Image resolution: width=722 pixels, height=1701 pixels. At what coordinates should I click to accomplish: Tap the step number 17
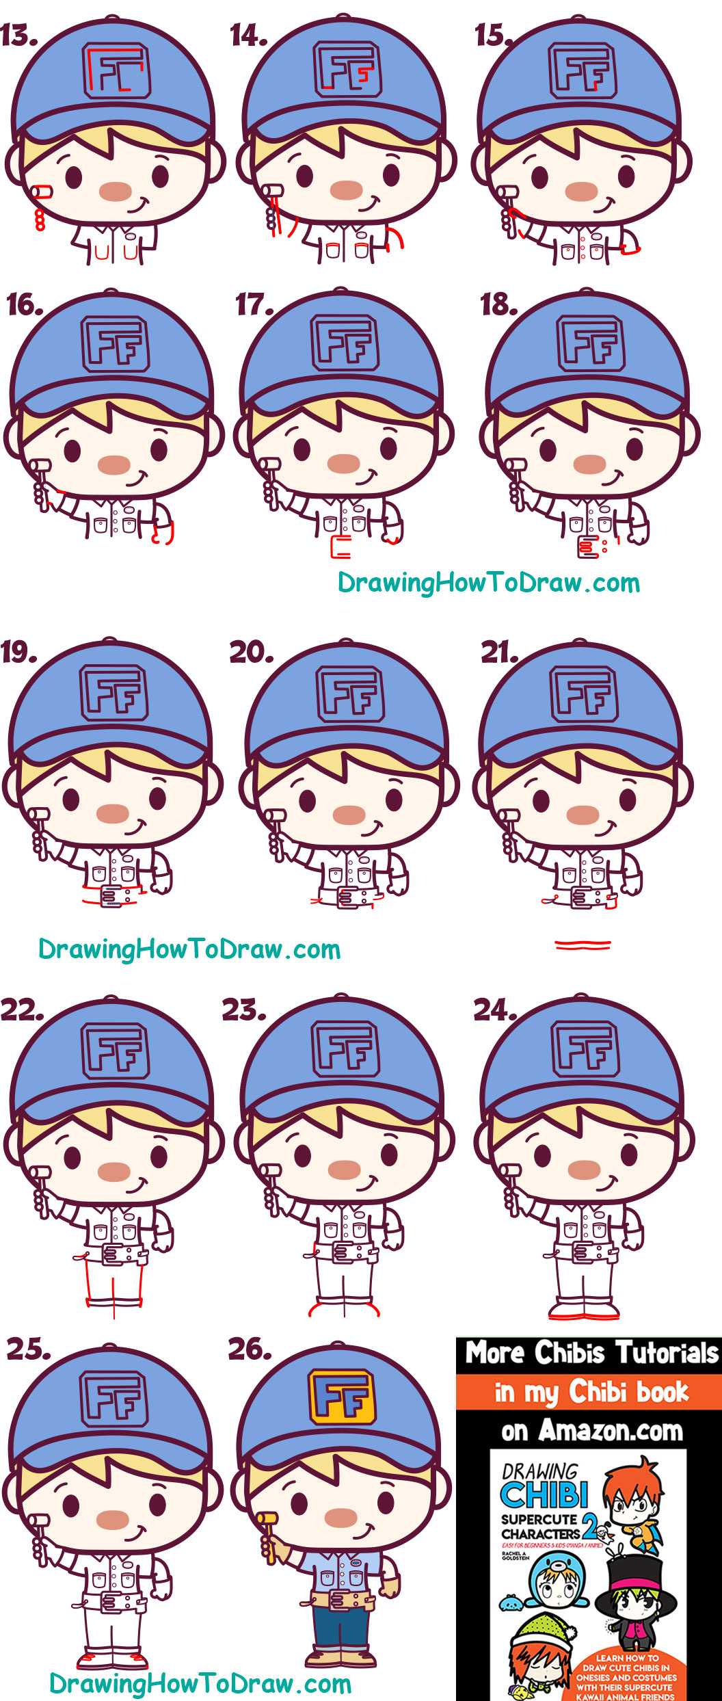pos(253,305)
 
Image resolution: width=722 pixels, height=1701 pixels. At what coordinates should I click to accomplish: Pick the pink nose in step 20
pos(349,815)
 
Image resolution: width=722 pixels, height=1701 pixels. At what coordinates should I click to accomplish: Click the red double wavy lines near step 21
pos(583,945)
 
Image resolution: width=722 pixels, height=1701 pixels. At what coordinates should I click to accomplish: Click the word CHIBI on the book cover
pos(544,1496)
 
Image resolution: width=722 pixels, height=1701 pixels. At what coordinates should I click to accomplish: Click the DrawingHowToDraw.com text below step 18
pos(489,583)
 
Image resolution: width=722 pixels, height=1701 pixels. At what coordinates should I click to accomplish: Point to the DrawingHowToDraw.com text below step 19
pos(189,949)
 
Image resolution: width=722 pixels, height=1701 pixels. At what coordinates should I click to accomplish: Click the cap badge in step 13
pos(117,71)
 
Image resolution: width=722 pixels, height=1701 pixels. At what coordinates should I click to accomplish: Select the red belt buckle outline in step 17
pos(340,548)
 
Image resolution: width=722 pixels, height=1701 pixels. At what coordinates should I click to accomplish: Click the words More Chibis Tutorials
pos(591,1353)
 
